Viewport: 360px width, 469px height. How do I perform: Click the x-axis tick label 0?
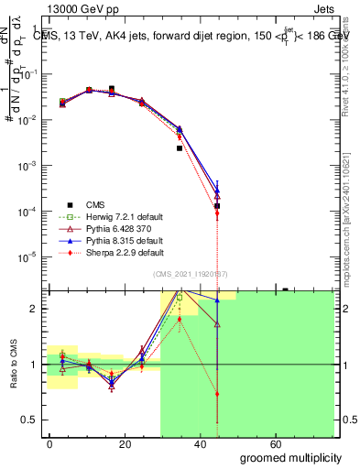[x=49, y=444]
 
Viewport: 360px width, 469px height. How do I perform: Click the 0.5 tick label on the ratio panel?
[x=31, y=420]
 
